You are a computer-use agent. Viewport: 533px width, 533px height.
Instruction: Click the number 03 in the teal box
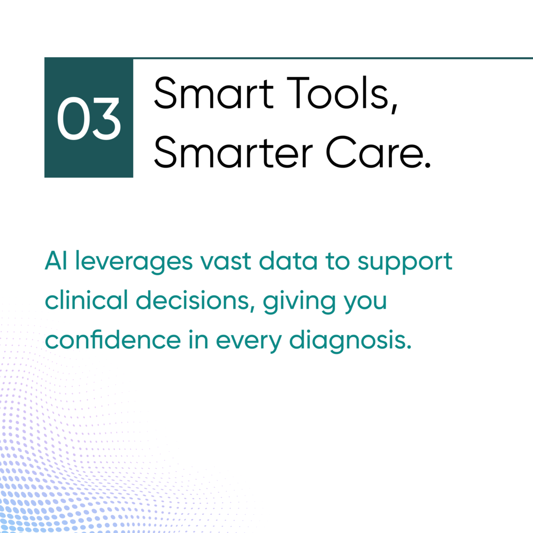tap(88, 118)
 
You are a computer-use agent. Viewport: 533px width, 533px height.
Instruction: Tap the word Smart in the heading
tap(214, 93)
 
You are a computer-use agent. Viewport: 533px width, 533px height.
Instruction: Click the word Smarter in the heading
tap(233, 151)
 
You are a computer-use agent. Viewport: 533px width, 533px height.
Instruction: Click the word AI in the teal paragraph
tap(56, 261)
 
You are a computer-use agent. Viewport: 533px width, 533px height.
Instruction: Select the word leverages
tap(134, 262)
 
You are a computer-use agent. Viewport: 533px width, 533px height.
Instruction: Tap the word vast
tap(226, 261)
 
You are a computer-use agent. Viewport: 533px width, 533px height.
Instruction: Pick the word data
tap(288, 261)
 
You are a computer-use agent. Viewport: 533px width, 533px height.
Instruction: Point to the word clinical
tap(86, 300)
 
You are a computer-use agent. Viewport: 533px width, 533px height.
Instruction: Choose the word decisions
tap(193, 300)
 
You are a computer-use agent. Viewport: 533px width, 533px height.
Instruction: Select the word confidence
tap(113, 339)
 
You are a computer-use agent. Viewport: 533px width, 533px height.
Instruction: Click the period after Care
tap(427, 166)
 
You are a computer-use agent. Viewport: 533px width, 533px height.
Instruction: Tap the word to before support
tap(337, 261)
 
